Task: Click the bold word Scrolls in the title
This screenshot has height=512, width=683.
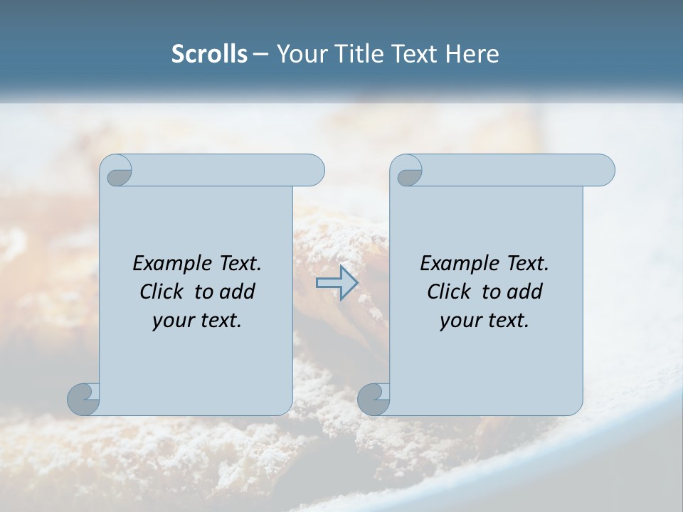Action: [x=210, y=54]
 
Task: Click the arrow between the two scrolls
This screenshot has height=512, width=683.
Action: [x=337, y=283]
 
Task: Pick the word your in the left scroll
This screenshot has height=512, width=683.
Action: [x=171, y=321]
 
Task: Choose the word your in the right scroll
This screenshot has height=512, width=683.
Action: [x=458, y=321]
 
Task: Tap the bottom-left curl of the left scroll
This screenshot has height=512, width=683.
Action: [x=84, y=398]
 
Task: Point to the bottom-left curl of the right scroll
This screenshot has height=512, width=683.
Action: [x=374, y=398]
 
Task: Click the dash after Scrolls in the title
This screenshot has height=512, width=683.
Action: [x=260, y=55]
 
